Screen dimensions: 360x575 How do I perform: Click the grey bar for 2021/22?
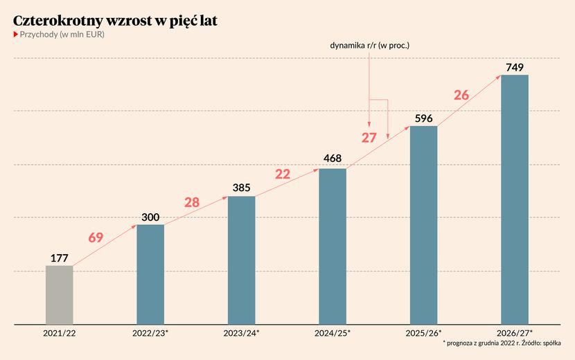(60, 294)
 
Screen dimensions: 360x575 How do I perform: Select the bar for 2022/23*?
(150, 274)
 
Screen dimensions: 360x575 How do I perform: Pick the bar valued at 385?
(241, 260)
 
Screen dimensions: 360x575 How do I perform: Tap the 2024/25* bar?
(333, 246)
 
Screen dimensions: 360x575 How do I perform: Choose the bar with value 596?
(423, 224)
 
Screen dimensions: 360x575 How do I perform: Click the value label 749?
(514, 67)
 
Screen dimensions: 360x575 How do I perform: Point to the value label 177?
(60, 258)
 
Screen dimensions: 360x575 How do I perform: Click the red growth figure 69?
(96, 237)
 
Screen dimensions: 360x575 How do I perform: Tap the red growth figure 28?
(192, 202)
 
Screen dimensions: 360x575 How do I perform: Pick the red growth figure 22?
(283, 174)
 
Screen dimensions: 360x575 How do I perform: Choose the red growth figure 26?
(461, 95)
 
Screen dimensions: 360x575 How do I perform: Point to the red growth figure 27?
(369, 137)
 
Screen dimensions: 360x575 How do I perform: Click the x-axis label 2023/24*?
(241, 333)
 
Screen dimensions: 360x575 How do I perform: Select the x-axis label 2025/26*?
(423, 333)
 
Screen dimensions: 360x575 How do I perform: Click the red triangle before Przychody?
(16, 35)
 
